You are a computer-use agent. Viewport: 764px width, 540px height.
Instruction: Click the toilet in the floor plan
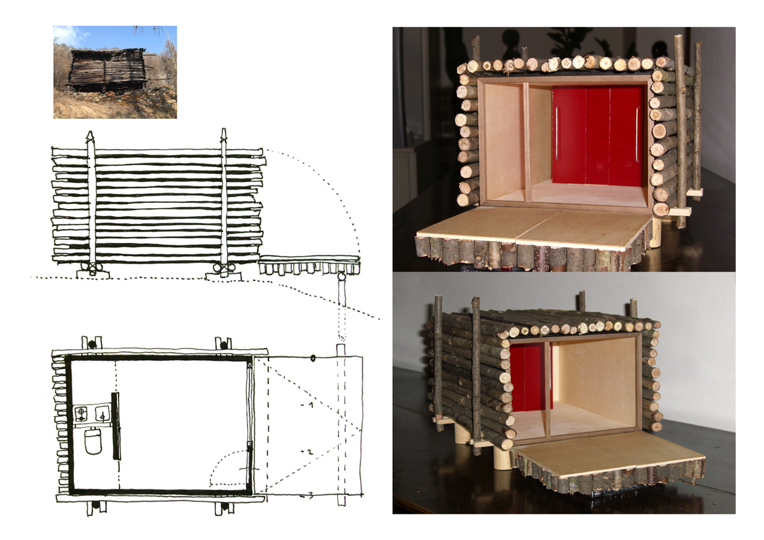94,442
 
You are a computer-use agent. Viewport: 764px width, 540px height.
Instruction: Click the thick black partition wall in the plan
116,426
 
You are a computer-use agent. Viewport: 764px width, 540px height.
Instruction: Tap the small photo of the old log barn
115,72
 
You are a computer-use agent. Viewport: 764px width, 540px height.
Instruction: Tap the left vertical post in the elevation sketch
91,203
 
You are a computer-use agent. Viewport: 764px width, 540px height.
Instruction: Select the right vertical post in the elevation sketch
223,203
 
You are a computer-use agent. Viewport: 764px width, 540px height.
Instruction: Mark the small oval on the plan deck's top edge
312,358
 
